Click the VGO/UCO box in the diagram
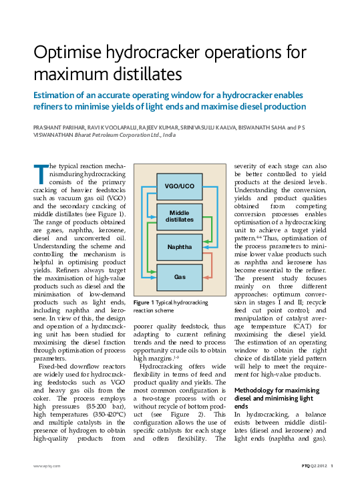pos(179,185)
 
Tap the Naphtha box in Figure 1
pos(179,246)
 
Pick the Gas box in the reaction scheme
pos(179,276)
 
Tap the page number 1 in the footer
pos(332,465)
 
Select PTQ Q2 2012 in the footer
pos(311,465)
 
